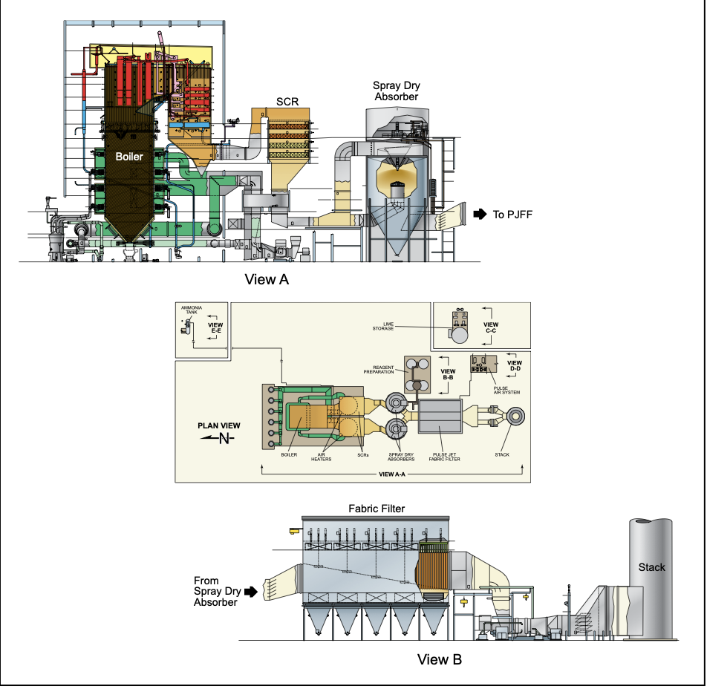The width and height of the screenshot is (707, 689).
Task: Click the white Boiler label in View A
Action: [x=129, y=157]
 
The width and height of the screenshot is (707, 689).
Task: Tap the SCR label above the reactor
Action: [x=287, y=102]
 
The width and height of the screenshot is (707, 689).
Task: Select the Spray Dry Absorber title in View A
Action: [x=397, y=91]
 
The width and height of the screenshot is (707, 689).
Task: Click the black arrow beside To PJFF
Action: [x=480, y=214]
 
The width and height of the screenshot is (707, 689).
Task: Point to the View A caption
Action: [x=267, y=280]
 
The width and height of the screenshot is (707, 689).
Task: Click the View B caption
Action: [x=439, y=660]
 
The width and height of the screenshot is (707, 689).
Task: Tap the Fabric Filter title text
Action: [x=377, y=509]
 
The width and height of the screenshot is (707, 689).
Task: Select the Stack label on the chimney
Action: [x=651, y=567]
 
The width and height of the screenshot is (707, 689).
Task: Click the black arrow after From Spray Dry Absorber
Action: [x=250, y=591]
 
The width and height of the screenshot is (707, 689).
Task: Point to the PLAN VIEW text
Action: [x=218, y=425]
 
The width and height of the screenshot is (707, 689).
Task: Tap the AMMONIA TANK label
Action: [x=192, y=310]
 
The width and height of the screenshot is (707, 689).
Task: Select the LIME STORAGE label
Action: [x=383, y=327]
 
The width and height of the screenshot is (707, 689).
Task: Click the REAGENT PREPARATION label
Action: [x=379, y=370]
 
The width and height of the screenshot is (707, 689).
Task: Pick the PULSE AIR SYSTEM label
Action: [x=506, y=391]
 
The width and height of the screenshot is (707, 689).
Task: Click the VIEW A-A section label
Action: [x=392, y=474]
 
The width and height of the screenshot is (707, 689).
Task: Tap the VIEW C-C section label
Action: [x=491, y=327]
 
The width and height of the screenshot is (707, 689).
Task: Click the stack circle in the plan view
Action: [x=515, y=417]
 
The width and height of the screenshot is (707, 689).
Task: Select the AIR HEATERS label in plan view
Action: [x=321, y=457]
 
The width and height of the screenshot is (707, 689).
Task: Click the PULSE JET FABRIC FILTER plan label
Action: [x=445, y=457]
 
